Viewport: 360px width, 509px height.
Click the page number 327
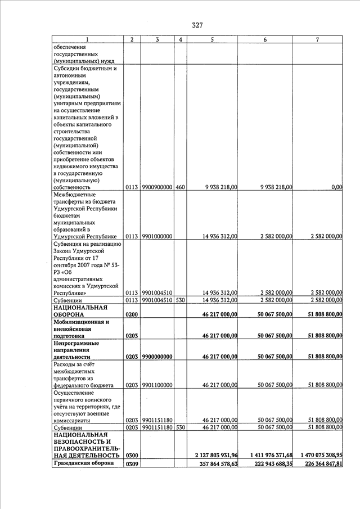click(x=197, y=25)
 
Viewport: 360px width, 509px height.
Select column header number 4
click(x=180, y=40)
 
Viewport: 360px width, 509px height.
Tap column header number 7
click(x=318, y=40)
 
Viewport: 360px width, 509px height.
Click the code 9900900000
click(x=157, y=187)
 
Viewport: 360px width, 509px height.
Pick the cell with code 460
click(x=180, y=187)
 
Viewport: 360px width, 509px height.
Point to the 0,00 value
click(x=337, y=187)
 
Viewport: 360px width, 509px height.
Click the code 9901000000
click(x=157, y=236)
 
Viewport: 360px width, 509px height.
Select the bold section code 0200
click(x=132, y=314)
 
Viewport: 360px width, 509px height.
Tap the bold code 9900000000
click(x=157, y=357)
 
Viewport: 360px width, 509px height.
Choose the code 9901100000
click(x=157, y=385)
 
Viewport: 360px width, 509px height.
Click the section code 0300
click(x=132, y=454)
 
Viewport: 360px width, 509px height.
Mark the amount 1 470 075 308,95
click(x=318, y=454)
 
